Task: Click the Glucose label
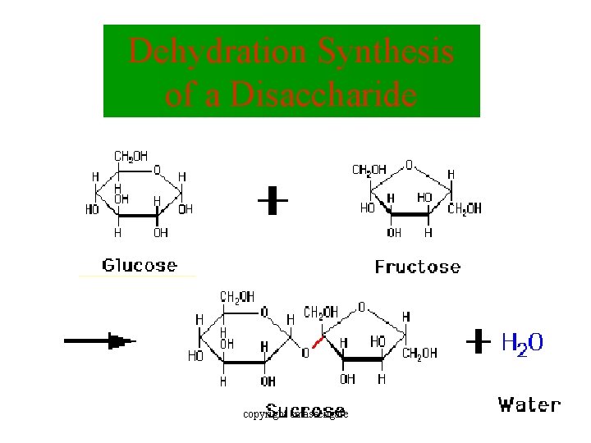click(139, 264)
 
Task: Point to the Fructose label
click(417, 267)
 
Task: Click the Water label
click(529, 404)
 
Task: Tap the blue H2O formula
click(522, 343)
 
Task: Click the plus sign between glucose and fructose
click(273, 201)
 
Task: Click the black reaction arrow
click(98, 341)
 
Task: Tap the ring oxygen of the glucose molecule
click(157, 171)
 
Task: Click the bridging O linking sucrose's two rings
click(305, 353)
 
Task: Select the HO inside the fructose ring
click(424, 197)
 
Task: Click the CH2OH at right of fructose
click(464, 209)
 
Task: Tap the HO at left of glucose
click(92, 210)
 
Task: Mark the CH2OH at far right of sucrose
click(419, 354)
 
